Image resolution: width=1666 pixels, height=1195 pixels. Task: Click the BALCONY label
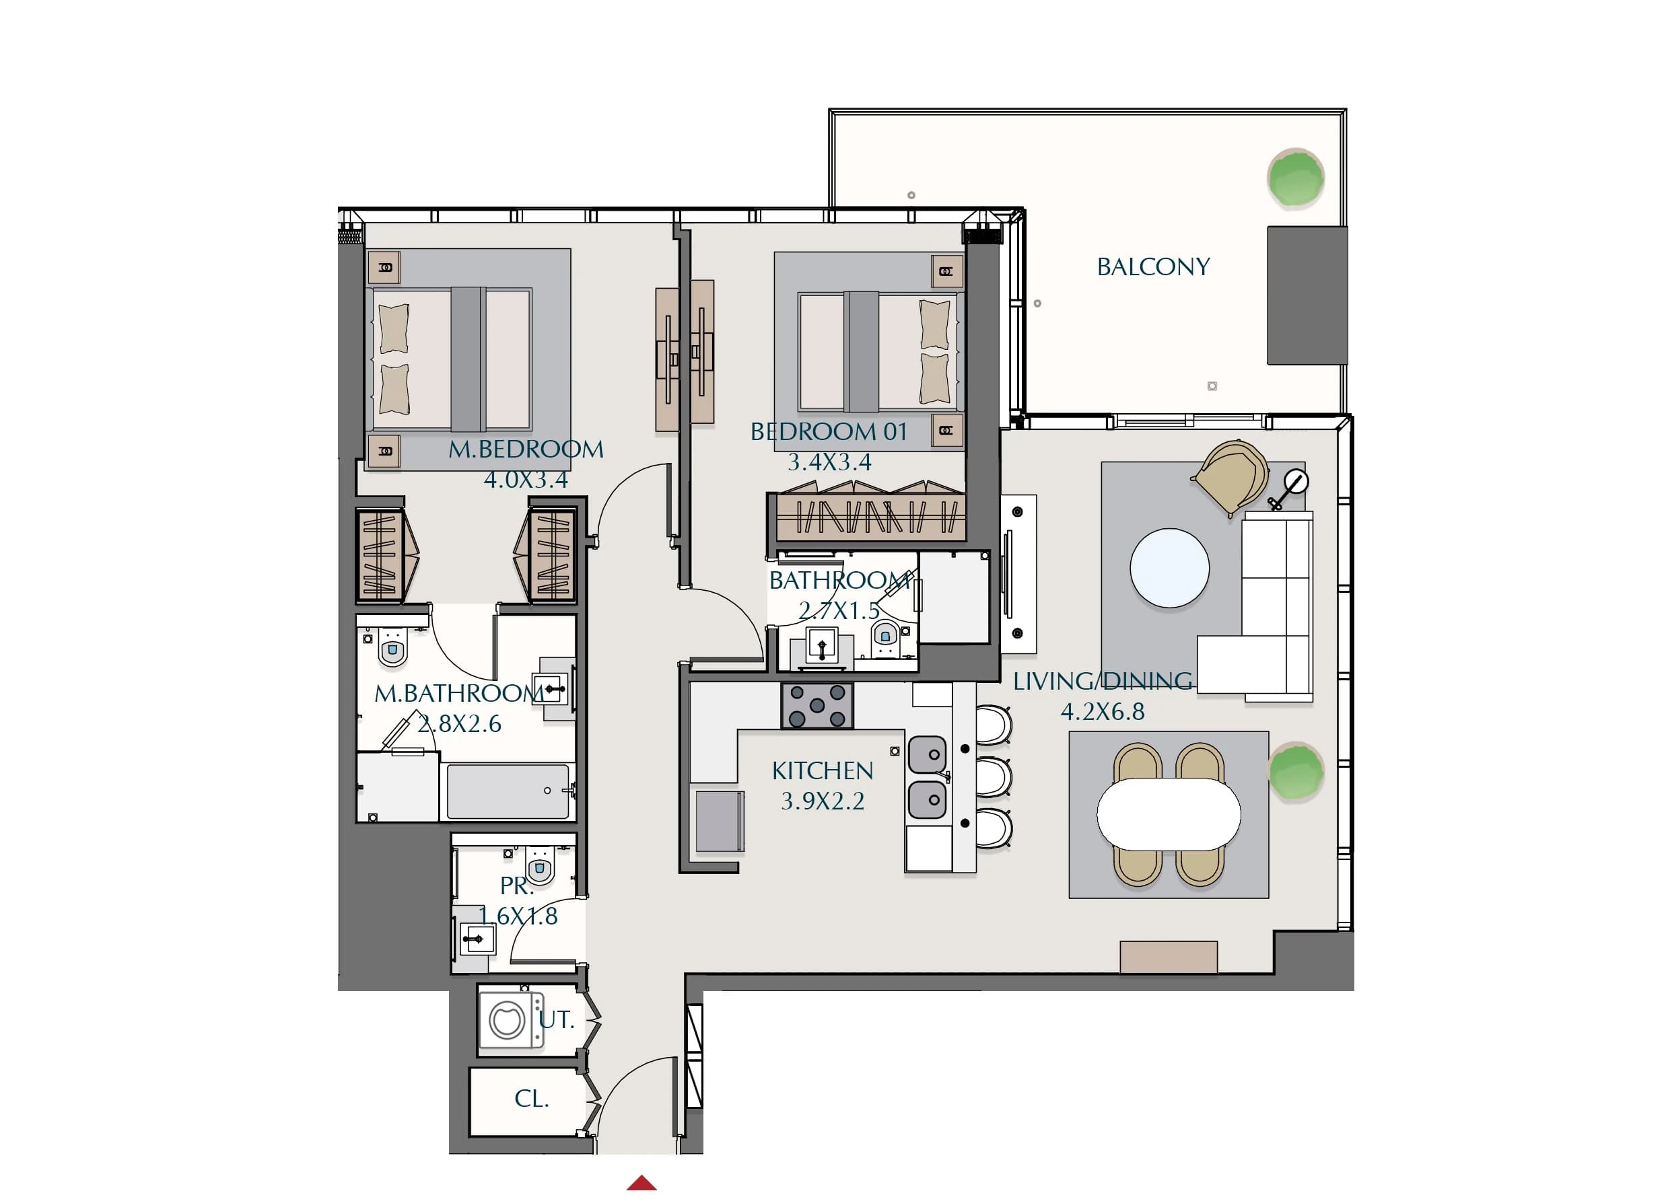(x=1153, y=266)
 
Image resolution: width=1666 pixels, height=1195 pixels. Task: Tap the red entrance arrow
(x=641, y=1182)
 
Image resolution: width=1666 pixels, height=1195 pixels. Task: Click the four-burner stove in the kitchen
(x=817, y=706)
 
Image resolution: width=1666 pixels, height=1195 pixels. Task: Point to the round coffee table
(x=1169, y=568)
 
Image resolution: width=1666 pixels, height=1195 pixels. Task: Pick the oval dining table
(x=1169, y=815)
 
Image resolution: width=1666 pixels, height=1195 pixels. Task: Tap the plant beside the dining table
(x=1296, y=770)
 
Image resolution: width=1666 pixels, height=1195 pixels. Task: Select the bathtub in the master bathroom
(x=508, y=791)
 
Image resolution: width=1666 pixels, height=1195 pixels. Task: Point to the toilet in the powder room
(x=540, y=866)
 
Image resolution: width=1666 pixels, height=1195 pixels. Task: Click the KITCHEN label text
(x=823, y=770)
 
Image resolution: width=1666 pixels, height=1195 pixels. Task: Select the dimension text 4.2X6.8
(x=1103, y=711)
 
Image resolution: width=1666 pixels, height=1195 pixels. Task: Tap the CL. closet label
(x=532, y=1099)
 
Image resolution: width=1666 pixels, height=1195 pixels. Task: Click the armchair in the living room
(x=1230, y=478)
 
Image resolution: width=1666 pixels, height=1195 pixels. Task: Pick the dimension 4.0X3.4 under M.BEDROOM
(x=526, y=480)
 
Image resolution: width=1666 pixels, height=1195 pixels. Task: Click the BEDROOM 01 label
(x=829, y=432)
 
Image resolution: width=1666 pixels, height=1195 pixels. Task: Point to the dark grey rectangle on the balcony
(x=1307, y=295)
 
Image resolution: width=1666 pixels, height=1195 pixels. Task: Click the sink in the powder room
(x=477, y=939)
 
